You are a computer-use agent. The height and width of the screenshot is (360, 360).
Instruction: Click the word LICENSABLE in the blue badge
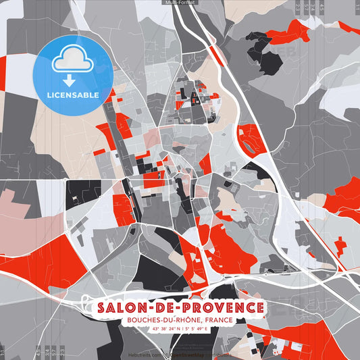72,95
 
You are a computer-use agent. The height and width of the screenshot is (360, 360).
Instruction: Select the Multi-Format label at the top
180,3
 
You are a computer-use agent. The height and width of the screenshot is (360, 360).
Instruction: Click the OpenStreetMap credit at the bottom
195,354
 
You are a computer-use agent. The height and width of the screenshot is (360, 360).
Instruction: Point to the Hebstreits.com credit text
145,354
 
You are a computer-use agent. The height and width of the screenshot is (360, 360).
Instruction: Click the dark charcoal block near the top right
269,62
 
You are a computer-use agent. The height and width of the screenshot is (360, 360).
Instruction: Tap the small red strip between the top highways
215,54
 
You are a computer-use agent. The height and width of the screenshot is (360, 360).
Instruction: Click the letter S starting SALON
102,308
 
